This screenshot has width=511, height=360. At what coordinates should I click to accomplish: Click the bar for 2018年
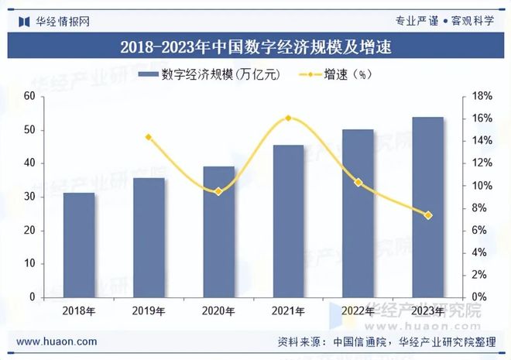[79, 245]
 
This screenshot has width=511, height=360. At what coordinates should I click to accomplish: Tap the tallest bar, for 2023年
[427, 207]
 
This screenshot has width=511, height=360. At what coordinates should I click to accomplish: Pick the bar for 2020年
[218, 231]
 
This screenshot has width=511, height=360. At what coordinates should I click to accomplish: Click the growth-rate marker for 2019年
[149, 137]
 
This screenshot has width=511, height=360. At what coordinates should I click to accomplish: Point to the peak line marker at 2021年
[288, 118]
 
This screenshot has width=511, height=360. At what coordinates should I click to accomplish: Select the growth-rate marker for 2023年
[427, 215]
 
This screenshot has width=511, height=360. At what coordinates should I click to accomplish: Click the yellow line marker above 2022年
[358, 183]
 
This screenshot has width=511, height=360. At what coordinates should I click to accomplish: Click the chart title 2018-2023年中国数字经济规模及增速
[256, 46]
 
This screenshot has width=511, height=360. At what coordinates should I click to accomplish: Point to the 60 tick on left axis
[29, 96]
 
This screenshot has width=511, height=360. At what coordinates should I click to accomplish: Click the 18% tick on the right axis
[482, 96]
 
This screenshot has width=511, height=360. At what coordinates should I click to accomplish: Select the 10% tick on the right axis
[482, 186]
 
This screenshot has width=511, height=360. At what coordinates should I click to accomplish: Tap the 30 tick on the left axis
[29, 197]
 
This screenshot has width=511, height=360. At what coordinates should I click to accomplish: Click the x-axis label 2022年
[358, 311]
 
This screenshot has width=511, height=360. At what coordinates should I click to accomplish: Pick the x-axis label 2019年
[149, 311]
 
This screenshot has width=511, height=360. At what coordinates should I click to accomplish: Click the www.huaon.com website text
[57, 341]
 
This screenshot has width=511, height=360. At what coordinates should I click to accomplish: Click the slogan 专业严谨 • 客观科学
[444, 21]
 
